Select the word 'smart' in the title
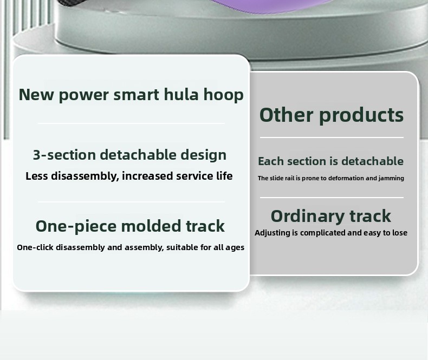pyautogui.click(x=136, y=95)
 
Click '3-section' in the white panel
pyautogui.click(x=64, y=155)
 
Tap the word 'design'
pyautogui.click(x=203, y=155)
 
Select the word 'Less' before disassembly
pyautogui.click(x=37, y=176)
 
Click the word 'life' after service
pyautogui.click(x=224, y=176)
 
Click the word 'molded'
pyautogui.click(x=151, y=226)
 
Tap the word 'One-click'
pyautogui.click(x=35, y=247)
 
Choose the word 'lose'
pyautogui.click(x=400, y=233)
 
